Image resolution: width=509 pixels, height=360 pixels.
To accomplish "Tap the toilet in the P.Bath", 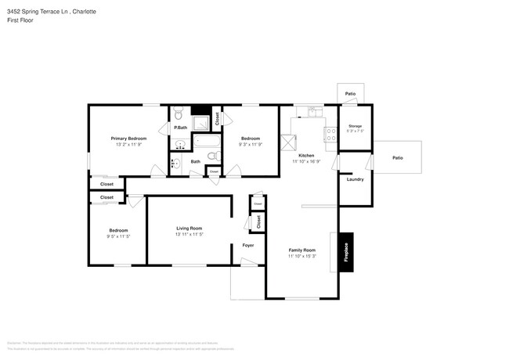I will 179,111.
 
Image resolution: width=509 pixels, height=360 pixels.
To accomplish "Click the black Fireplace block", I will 345,253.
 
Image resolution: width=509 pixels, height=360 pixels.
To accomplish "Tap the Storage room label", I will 355,125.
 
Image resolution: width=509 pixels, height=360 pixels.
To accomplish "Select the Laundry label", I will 355,179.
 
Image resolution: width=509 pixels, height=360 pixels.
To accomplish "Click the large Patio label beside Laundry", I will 397,158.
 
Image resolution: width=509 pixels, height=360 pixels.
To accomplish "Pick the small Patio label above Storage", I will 350,94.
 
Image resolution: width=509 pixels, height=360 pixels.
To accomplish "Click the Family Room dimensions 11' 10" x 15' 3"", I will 301,256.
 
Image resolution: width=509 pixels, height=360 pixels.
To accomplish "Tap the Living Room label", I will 189,228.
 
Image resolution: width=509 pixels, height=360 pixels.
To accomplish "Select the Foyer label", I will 247,245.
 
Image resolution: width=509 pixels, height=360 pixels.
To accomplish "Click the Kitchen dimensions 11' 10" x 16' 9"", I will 306,162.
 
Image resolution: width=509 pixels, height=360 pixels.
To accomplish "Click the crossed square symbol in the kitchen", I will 289,142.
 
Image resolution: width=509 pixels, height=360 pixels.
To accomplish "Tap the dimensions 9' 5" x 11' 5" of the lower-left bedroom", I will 118,236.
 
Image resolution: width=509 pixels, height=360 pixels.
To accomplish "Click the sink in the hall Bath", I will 175,164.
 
